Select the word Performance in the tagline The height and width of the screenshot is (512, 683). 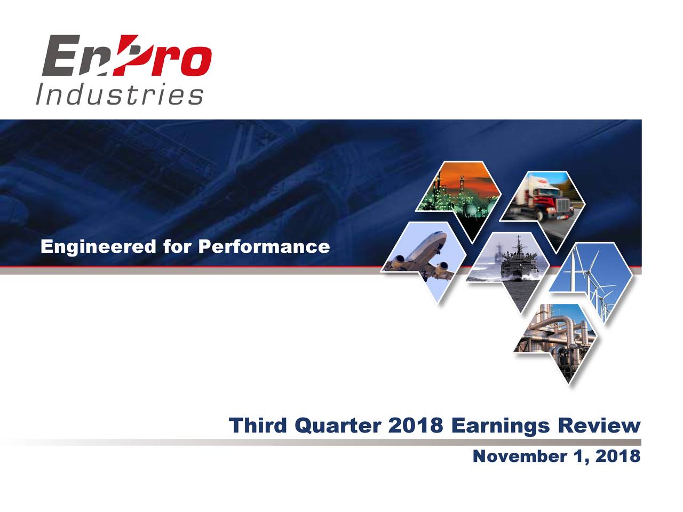264,247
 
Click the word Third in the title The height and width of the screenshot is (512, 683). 259,426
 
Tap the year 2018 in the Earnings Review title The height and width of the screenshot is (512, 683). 416,426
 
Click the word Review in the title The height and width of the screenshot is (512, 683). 599,426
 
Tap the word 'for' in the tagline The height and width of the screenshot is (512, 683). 177,247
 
